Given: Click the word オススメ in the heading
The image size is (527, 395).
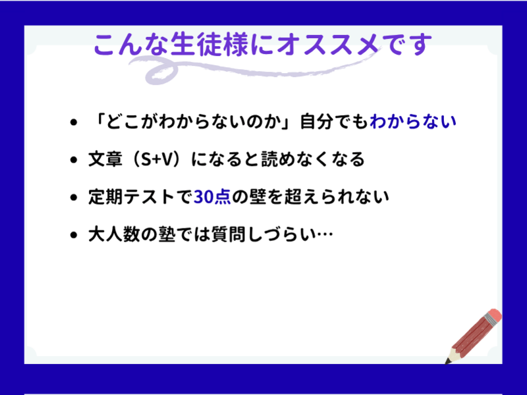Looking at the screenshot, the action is (328, 45).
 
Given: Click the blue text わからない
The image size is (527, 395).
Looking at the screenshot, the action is (413, 122).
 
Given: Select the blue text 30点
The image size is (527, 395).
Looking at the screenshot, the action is (212, 197).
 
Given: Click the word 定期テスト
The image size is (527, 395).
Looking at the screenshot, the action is (131, 197).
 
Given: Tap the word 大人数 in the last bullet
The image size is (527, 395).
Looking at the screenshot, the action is (114, 234).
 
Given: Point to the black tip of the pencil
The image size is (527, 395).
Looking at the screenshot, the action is (447, 361).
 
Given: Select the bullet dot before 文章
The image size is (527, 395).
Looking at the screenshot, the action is (74, 160).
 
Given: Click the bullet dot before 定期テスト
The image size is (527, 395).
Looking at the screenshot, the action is (74, 197).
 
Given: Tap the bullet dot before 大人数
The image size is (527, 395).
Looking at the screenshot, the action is (74, 235).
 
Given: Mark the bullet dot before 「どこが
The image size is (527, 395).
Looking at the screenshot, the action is (74, 122).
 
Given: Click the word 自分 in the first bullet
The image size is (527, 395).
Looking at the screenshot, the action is (317, 122).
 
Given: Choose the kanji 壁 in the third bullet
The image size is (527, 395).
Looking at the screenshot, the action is (258, 197).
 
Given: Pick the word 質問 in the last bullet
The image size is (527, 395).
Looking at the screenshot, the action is (229, 234).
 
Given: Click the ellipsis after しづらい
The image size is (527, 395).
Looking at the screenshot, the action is (325, 234).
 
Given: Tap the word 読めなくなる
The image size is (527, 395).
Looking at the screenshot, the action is (313, 159).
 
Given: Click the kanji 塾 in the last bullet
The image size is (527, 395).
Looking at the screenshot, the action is (167, 234).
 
